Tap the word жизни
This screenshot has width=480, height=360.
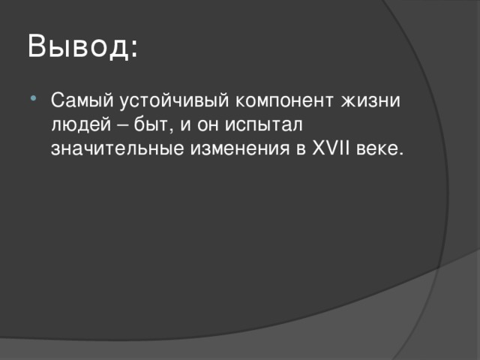click(373, 100)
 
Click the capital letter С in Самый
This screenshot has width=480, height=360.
click(57, 100)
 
